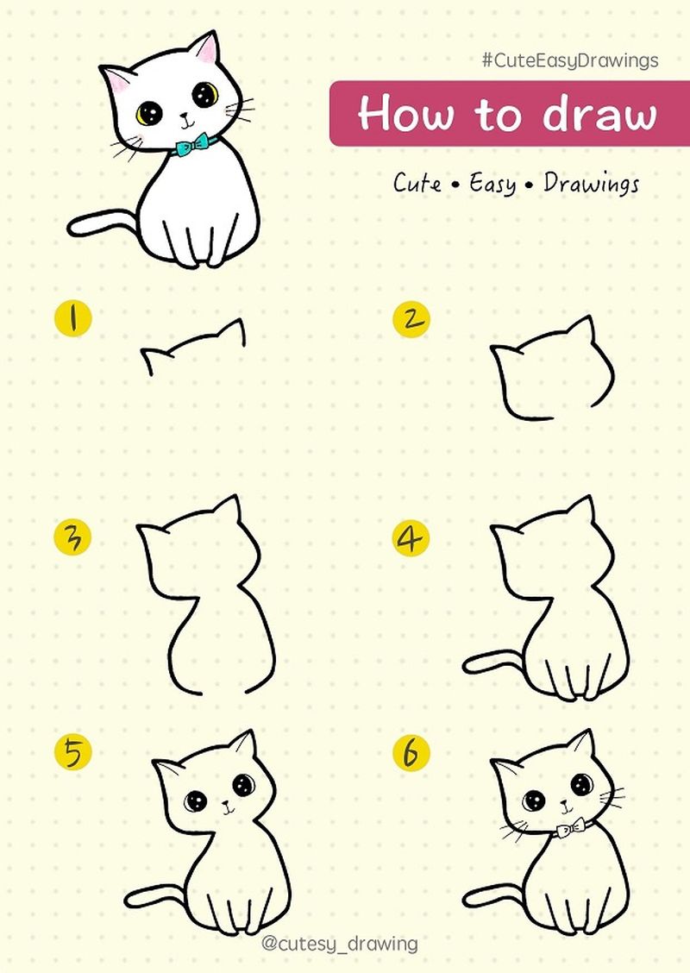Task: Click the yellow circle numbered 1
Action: tap(74, 317)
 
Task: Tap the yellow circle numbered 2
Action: tap(411, 318)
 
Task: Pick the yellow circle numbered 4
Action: tap(411, 538)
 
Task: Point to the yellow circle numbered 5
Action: tap(74, 752)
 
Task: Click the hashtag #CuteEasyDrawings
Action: tap(570, 60)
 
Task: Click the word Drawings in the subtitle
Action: tap(591, 184)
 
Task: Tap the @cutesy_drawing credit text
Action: tap(339, 944)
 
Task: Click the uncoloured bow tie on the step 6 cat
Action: tap(569, 828)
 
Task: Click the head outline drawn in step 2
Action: tap(552, 371)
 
